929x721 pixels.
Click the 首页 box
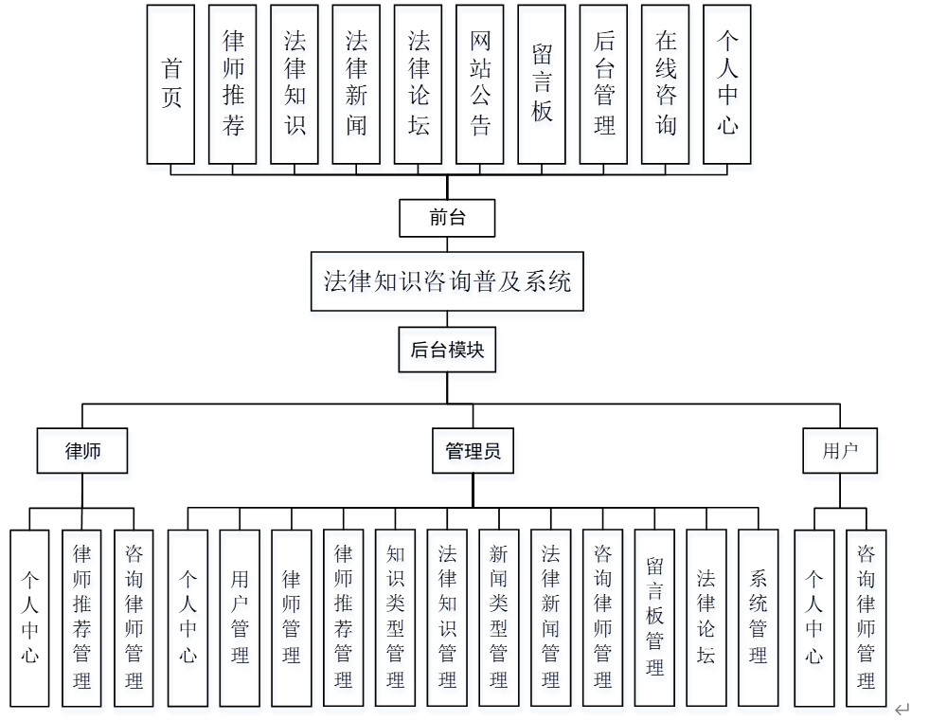coord(170,83)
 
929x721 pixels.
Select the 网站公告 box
coord(480,83)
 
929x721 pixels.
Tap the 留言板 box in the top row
coord(542,83)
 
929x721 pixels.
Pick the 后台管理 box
coord(603,83)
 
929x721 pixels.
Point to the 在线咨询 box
coord(665,83)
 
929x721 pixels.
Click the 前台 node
coord(447,218)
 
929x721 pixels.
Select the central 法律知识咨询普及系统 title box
coord(447,281)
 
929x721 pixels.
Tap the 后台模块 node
coord(447,351)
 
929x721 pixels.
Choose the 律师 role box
coord(82,451)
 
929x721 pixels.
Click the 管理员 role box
coord(473,451)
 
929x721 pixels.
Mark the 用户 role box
coord(839,451)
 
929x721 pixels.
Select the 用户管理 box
coord(240,617)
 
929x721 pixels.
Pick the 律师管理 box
coord(292,617)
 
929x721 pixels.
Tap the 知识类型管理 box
coord(395,617)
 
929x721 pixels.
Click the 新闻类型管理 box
coord(498,617)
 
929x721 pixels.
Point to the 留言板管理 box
coord(654,617)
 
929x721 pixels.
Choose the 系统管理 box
coord(758,617)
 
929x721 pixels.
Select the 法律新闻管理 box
coord(550,617)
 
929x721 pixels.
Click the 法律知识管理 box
coord(447,617)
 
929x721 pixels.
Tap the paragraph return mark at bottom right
coord(902,709)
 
